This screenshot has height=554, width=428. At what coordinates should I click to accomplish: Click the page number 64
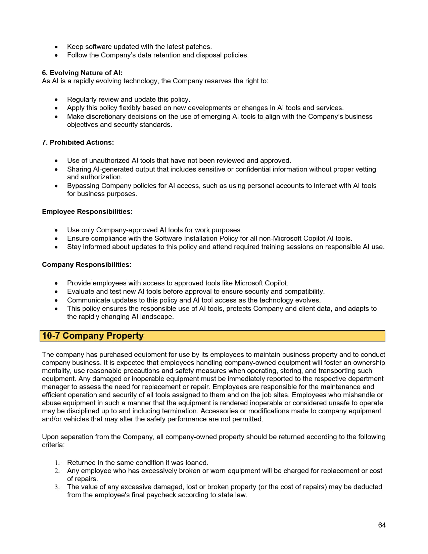pos(382,525)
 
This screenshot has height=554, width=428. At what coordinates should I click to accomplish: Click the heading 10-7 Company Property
pos(93,336)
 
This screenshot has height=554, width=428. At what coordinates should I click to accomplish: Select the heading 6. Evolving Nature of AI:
pos(82,73)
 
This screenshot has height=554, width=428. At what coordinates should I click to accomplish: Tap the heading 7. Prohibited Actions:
pos(78,142)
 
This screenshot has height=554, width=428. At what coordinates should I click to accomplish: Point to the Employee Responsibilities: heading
pos(87,212)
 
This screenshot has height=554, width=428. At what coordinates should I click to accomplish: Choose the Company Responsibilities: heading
pos(87,265)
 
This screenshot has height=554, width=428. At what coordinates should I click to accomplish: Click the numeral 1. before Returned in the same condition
pos(57,463)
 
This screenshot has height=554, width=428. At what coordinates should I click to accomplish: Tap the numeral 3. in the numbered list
pos(57,487)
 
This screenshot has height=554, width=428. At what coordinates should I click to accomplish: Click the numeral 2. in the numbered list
pos(57,471)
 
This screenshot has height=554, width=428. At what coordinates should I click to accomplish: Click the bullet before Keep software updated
pos(56,47)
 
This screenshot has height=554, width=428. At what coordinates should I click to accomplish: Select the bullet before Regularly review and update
pos(56,100)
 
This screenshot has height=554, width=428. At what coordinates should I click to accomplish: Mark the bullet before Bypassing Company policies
pos(56,186)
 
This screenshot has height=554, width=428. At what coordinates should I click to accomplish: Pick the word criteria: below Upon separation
pos(53,445)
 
